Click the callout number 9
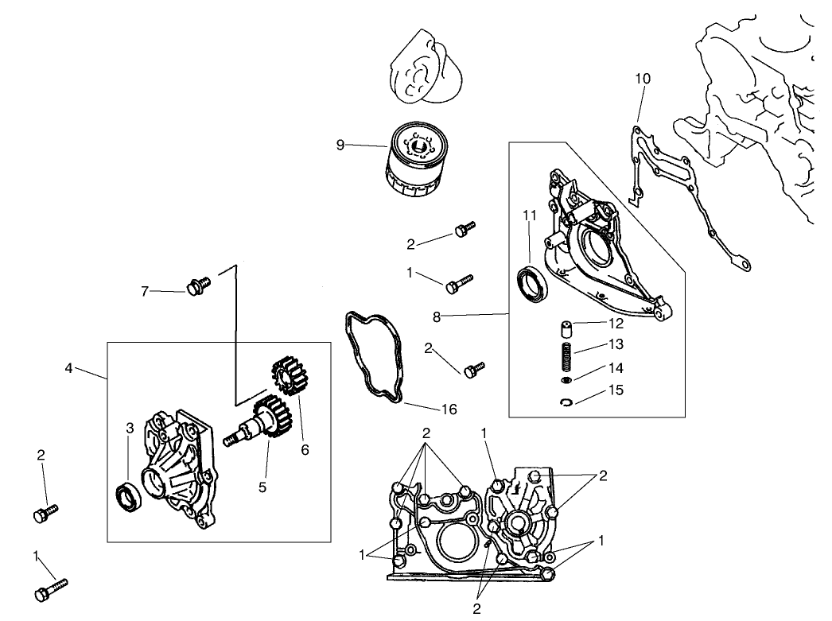tap(340, 145)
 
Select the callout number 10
tap(643, 79)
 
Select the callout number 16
tap(449, 409)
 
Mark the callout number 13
tap(617, 344)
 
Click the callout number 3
tap(130, 429)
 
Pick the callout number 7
tap(145, 292)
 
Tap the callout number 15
tap(617, 390)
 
